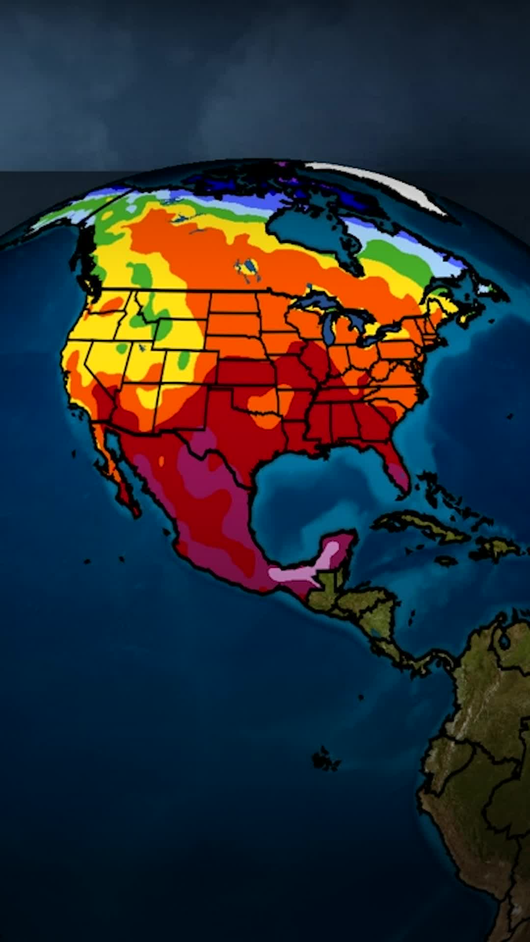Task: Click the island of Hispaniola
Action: tap(496, 547)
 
